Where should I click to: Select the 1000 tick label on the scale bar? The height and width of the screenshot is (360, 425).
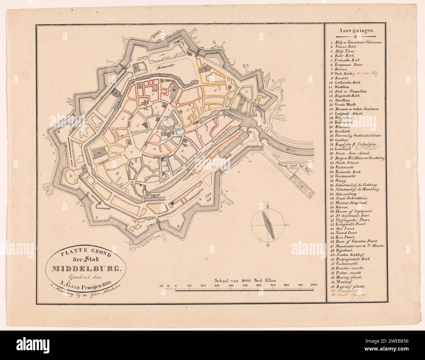[x=314, y=285]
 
